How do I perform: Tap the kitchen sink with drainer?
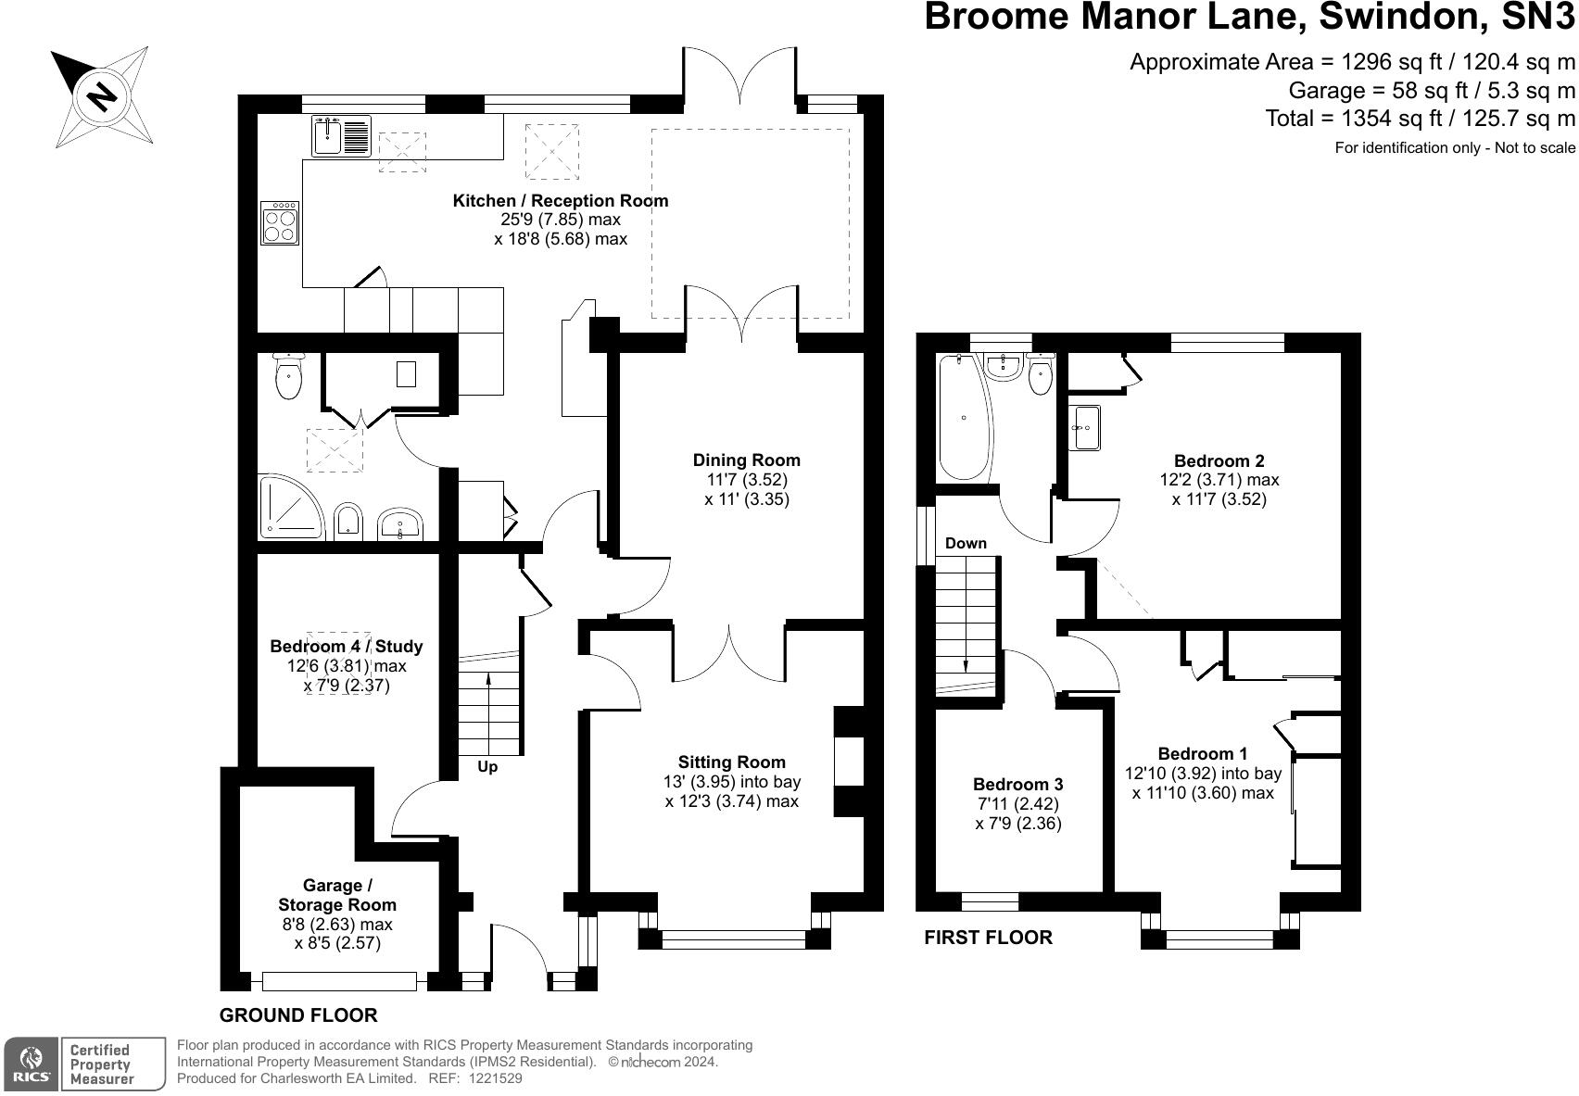coord(341,136)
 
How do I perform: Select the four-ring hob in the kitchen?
coord(280,222)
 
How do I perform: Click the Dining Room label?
coord(747,460)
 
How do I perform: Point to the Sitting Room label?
coord(732,762)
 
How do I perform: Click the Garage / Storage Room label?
coord(337,895)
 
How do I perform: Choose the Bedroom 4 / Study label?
coord(347,647)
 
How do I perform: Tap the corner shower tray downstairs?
coord(291,508)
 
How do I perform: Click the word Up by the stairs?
coord(487,767)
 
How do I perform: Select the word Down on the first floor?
coord(966,544)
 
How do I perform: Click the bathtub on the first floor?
coord(964,418)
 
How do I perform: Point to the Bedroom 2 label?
coord(1219,461)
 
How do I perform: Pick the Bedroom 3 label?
coord(1017,785)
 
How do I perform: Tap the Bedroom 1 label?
coord(1203,753)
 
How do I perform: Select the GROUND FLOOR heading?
coord(298,1015)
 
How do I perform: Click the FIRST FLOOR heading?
coord(989,938)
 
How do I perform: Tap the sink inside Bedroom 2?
coord(1086,427)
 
